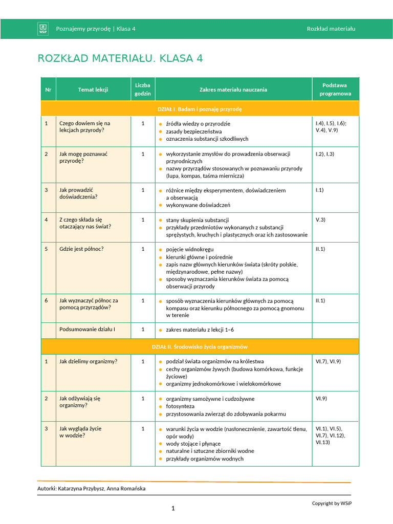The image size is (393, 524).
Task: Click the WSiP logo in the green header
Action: (x=43, y=29)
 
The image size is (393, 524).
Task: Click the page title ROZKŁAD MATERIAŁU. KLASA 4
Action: (x=120, y=58)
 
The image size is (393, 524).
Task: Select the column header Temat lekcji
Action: (x=93, y=90)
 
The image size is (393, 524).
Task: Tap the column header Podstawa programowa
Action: (x=335, y=90)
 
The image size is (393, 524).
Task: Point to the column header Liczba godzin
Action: (x=143, y=90)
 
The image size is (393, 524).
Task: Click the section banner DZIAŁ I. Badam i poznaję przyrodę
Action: (x=200, y=109)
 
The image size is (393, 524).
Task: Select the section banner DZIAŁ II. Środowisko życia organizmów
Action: (x=200, y=346)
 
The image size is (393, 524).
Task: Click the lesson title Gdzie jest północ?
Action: (x=81, y=249)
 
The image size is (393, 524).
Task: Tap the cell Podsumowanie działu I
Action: (x=87, y=329)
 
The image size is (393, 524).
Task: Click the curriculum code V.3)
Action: (x=320, y=220)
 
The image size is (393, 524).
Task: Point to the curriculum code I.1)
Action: (x=320, y=190)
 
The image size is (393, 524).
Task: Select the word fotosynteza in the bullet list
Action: (x=180, y=406)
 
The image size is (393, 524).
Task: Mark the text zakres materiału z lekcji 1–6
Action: (x=200, y=330)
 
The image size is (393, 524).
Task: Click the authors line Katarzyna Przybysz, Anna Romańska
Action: (x=91, y=489)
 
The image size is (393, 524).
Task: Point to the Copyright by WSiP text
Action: (x=332, y=503)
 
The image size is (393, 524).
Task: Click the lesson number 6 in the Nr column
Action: (x=46, y=301)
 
